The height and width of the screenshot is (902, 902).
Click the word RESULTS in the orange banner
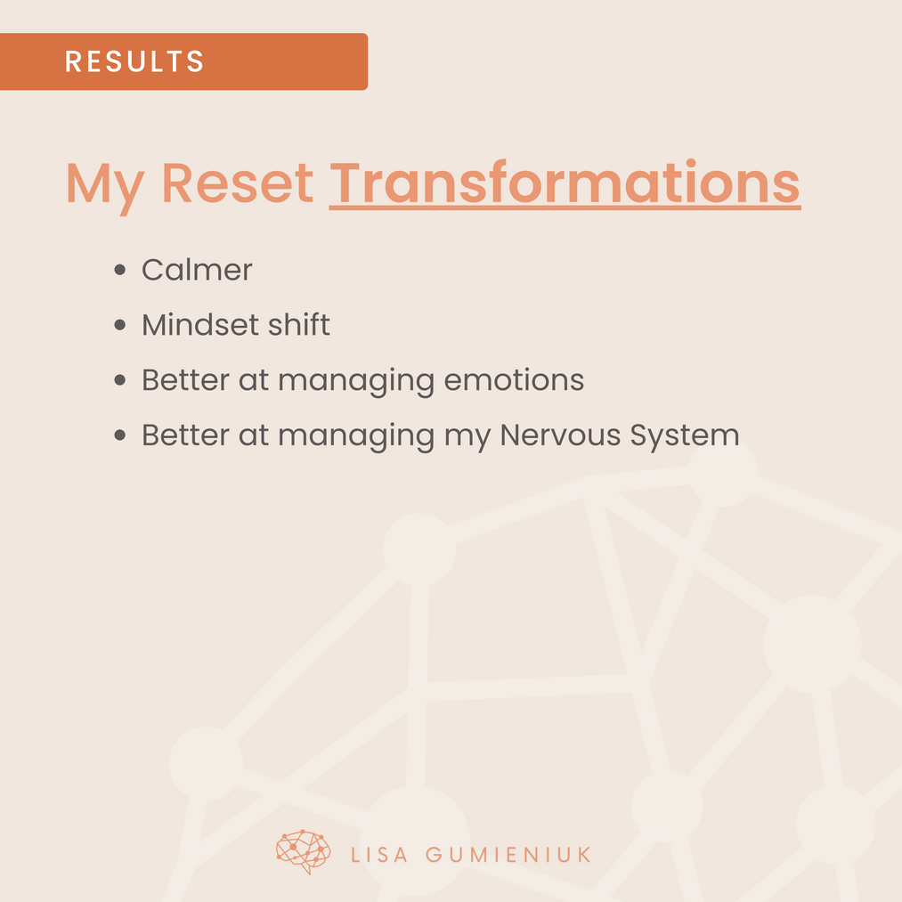click(134, 61)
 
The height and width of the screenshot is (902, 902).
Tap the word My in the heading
click(105, 186)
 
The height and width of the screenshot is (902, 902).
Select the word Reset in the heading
click(238, 183)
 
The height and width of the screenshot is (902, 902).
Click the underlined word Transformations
click(565, 183)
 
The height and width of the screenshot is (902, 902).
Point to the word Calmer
click(197, 270)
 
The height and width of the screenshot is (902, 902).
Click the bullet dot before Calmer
click(119, 270)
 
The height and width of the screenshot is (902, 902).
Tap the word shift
click(299, 324)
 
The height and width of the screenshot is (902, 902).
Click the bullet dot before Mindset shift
click(119, 325)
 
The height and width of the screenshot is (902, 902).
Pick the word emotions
click(515, 379)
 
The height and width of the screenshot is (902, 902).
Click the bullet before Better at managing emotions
click(119, 379)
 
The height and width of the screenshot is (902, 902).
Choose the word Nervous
click(560, 435)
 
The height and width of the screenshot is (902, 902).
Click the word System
click(685, 436)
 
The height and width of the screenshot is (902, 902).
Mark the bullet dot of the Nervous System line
click(119, 435)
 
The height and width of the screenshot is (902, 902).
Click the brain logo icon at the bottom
click(303, 852)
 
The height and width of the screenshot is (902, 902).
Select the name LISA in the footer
click(379, 855)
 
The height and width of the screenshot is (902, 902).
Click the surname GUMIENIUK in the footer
click(508, 855)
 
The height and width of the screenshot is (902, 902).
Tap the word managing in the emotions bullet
click(356, 383)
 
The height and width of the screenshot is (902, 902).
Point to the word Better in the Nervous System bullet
click(185, 435)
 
